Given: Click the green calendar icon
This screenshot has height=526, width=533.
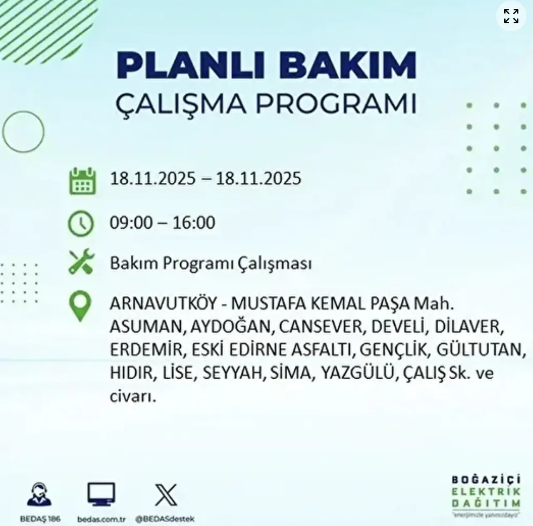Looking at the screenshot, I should click(82, 181).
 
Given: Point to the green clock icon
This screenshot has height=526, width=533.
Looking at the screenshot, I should click(81, 224).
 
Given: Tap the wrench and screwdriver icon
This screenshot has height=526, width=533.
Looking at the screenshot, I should click(81, 262).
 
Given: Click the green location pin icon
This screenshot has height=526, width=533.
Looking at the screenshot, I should click(80, 306).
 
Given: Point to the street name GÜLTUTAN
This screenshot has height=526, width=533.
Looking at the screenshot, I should click(479, 350).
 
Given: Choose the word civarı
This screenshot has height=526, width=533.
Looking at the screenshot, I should click(133, 396).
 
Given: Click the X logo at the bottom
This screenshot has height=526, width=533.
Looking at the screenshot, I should click(166, 495).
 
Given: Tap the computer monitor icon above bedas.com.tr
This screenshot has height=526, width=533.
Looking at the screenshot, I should click(101, 495).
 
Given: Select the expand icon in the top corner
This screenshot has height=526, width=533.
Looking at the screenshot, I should click(511, 16).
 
